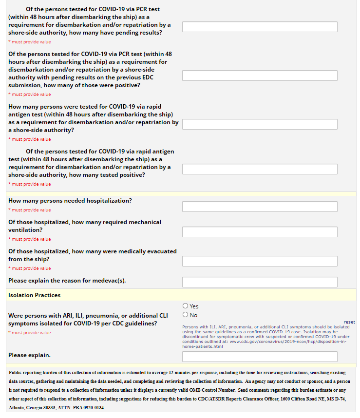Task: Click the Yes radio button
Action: click(x=186, y=306)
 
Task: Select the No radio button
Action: click(x=186, y=315)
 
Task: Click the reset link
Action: click(x=349, y=322)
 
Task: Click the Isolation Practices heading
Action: click(x=34, y=295)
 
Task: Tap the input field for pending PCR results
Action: click(x=260, y=27)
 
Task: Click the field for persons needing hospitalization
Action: click(x=260, y=207)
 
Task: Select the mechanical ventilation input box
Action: click(x=260, y=232)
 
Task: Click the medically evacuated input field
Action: click(x=260, y=261)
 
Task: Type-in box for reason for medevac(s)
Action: click(x=260, y=282)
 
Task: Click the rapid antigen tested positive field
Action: click(x=260, y=169)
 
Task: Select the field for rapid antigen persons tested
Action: click(x=260, y=124)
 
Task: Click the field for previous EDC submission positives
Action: click(x=260, y=76)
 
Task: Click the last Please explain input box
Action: click(x=260, y=356)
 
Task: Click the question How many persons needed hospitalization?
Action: click(x=70, y=201)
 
